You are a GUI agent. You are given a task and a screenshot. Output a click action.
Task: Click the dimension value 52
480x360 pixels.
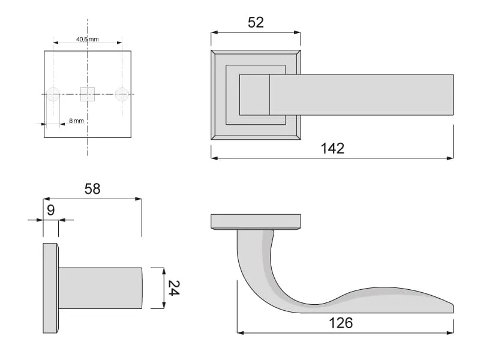256,23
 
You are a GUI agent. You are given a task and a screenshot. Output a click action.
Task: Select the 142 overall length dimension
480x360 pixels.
332,148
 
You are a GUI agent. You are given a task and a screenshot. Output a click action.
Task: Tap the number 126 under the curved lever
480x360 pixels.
341,323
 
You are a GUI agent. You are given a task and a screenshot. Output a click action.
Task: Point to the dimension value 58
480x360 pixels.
92,189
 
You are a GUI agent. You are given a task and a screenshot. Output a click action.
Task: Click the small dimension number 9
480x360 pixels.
51,211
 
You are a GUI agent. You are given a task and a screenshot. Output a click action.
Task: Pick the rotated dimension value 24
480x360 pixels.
173,288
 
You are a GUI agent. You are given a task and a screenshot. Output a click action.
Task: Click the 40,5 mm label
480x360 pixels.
88,39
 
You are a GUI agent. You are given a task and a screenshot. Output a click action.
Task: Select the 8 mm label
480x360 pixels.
76,121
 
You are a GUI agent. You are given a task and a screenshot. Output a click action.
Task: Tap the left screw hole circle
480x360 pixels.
53,94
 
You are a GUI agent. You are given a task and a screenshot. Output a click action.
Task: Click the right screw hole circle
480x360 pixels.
122,94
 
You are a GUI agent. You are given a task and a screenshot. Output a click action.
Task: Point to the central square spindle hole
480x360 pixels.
88,94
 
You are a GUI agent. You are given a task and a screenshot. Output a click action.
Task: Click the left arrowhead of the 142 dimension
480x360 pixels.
214,158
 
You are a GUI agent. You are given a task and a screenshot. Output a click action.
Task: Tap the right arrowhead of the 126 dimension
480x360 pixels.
450,332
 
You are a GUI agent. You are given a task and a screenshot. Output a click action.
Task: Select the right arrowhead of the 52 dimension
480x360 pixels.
297,32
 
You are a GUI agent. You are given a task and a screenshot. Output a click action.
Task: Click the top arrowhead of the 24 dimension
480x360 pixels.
164,271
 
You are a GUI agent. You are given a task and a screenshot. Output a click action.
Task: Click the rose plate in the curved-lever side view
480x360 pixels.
256,222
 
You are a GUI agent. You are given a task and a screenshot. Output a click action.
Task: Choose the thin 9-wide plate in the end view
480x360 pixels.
50,288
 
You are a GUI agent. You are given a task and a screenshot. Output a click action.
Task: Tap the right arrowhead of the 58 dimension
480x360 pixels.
139,199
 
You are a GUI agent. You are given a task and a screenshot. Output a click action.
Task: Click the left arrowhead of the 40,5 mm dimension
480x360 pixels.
56,43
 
